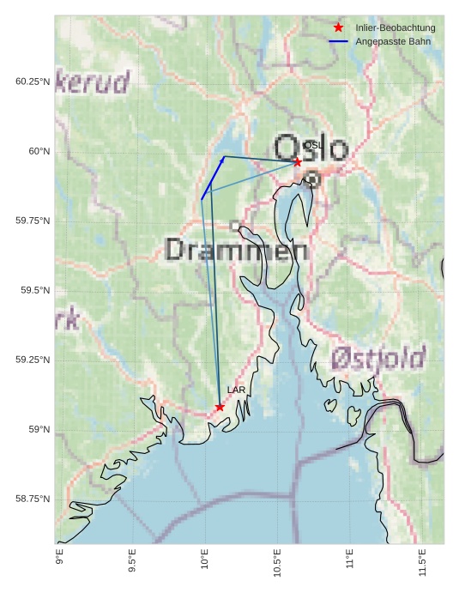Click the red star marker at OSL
[x=297, y=161]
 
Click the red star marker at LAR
[x=220, y=407]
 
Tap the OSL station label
[x=314, y=146]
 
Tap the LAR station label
[x=236, y=390]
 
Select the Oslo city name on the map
[x=311, y=148]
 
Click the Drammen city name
[x=236, y=251]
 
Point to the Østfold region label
[x=378, y=357]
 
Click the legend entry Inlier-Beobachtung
[x=395, y=27]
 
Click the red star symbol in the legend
[x=338, y=27]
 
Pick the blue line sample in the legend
[x=338, y=41]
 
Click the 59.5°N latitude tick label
[x=33, y=290]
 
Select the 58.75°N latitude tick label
[x=31, y=499]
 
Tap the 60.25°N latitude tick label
[x=31, y=82]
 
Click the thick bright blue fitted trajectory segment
[x=213, y=179]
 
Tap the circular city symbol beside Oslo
[x=312, y=179]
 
